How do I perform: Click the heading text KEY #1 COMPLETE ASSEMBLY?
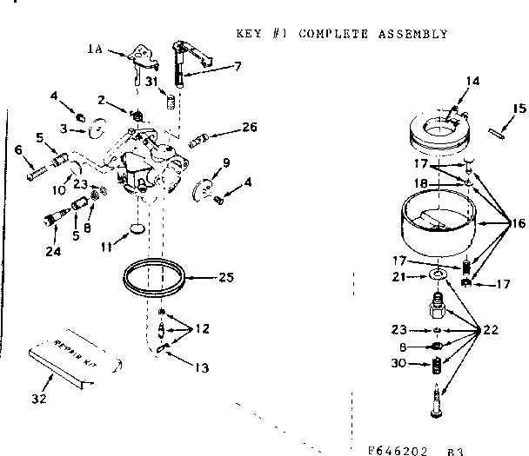342,34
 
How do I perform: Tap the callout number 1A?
95,50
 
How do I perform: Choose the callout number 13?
202,367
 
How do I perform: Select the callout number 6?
19,150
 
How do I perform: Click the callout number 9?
225,162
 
